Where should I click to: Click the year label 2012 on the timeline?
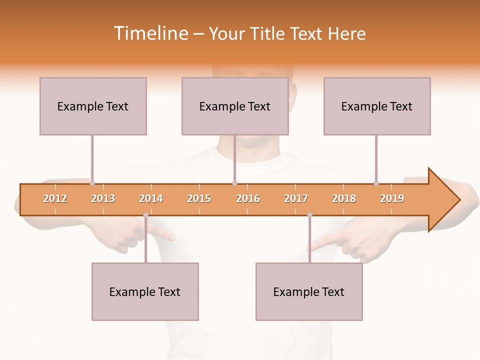point(55,198)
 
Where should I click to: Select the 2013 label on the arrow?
point(103,198)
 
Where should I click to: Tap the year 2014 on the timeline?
point(151,198)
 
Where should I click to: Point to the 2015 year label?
point(199,198)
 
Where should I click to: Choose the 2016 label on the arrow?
point(248,198)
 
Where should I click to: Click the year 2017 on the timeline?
point(296,198)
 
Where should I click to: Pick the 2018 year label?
point(344,198)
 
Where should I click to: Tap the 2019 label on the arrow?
point(392,198)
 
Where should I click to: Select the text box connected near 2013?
point(93,106)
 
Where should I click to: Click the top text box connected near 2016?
point(235,106)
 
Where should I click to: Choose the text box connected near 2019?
point(377,106)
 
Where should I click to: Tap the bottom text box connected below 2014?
point(145,291)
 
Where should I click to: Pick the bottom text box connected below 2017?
point(309,291)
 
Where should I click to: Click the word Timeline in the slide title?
point(150,33)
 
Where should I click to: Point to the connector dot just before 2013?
point(92,183)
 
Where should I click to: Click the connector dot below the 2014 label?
point(145,215)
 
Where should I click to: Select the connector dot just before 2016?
point(234,183)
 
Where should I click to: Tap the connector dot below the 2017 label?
point(309,215)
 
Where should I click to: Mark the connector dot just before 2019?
point(376,183)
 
